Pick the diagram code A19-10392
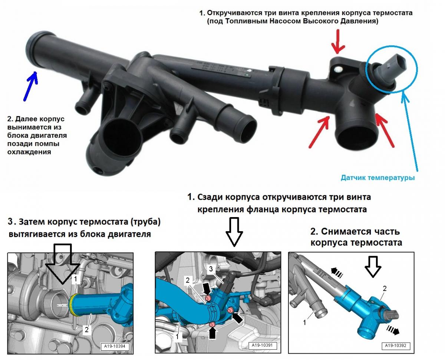[395, 346]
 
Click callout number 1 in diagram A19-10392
[305, 323]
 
